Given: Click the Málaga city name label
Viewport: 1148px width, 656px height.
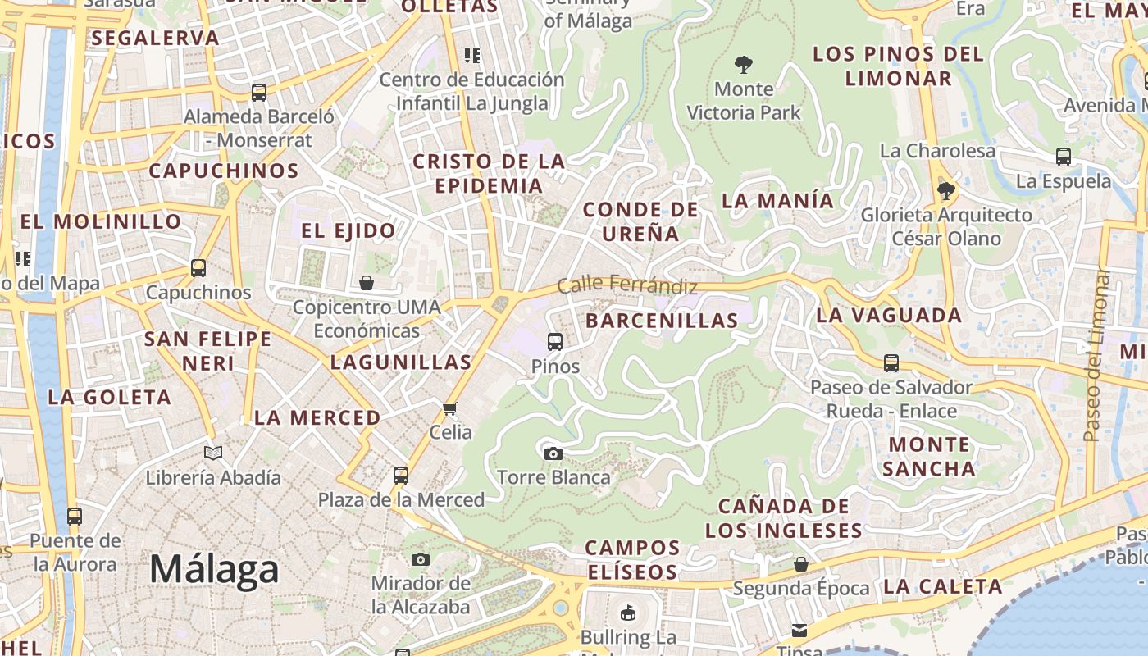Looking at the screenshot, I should coord(214,570).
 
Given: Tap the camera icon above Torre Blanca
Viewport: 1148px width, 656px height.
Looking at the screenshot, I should coord(553,453).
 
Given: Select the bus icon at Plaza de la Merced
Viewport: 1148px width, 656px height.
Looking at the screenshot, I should coord(401,475).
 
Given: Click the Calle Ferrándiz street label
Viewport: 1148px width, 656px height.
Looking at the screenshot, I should coord(627,285).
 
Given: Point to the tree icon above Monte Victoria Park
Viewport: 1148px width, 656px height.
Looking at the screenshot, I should coord(744,64).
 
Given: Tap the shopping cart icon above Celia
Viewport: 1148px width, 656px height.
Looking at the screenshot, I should coord(449,408).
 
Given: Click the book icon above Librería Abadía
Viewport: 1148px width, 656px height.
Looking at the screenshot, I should coord(213,453).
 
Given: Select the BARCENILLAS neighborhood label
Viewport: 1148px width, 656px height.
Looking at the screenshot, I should coord(662,321).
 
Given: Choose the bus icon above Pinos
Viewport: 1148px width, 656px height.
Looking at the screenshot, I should coord(555,342).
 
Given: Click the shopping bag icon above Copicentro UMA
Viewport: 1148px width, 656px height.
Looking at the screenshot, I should coord(367,283).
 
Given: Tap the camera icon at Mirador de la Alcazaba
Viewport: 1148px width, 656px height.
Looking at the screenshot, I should coord(421,559).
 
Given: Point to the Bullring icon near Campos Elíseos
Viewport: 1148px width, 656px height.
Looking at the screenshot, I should coord(628,612).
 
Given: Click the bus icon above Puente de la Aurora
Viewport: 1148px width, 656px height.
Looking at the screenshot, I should coord(75,517).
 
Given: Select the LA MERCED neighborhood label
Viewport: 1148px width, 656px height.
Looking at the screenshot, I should coord(317,417).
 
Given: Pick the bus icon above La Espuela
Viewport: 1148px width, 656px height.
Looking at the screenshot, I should coord(1064,156).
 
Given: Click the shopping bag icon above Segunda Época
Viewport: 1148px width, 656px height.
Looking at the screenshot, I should coord(801,564).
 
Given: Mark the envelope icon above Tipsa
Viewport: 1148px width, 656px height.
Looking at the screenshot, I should coord(799,630).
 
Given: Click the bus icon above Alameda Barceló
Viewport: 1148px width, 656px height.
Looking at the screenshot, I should coord(259,92).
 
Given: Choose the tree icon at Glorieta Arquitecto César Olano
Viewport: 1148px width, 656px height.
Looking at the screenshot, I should coord(945,191).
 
